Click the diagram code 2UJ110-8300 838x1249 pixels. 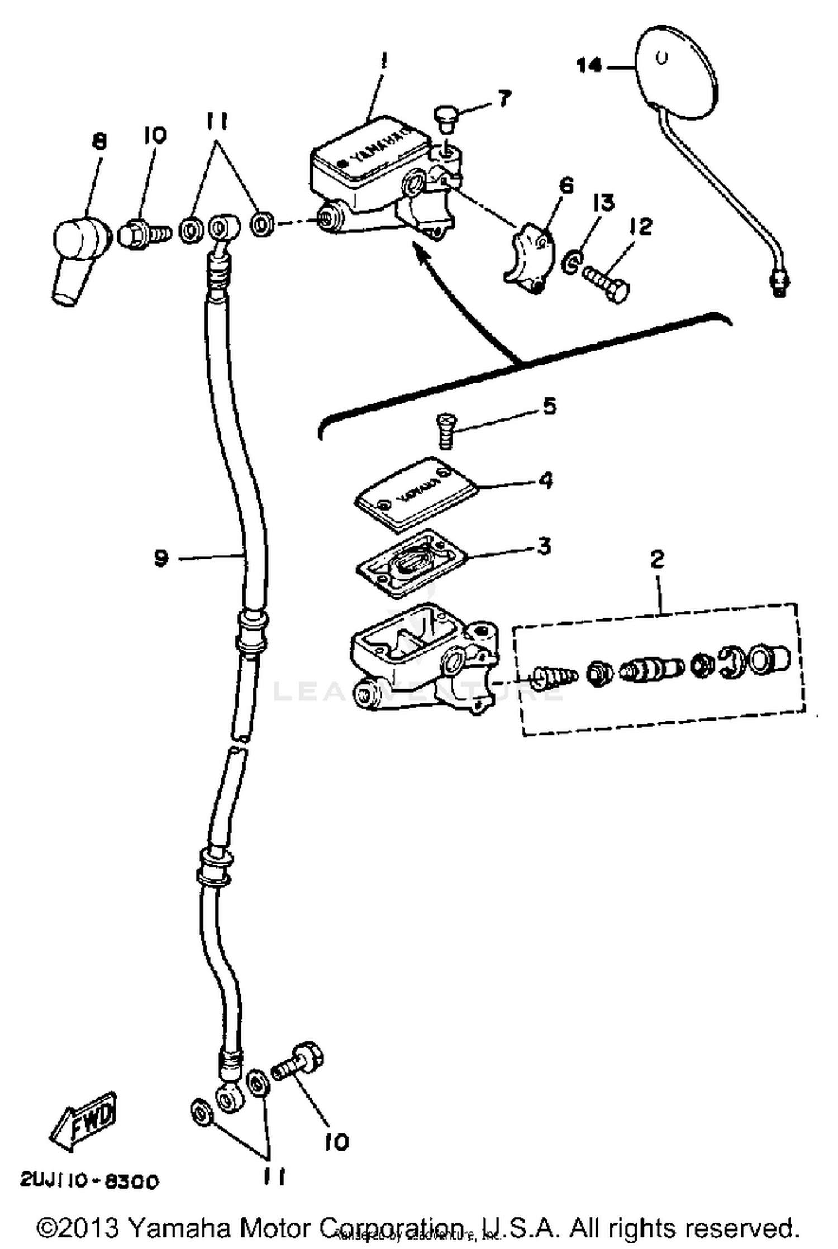(89, 1181)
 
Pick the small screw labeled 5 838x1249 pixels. (445, 431)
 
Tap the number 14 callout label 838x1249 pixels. (589, 66)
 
